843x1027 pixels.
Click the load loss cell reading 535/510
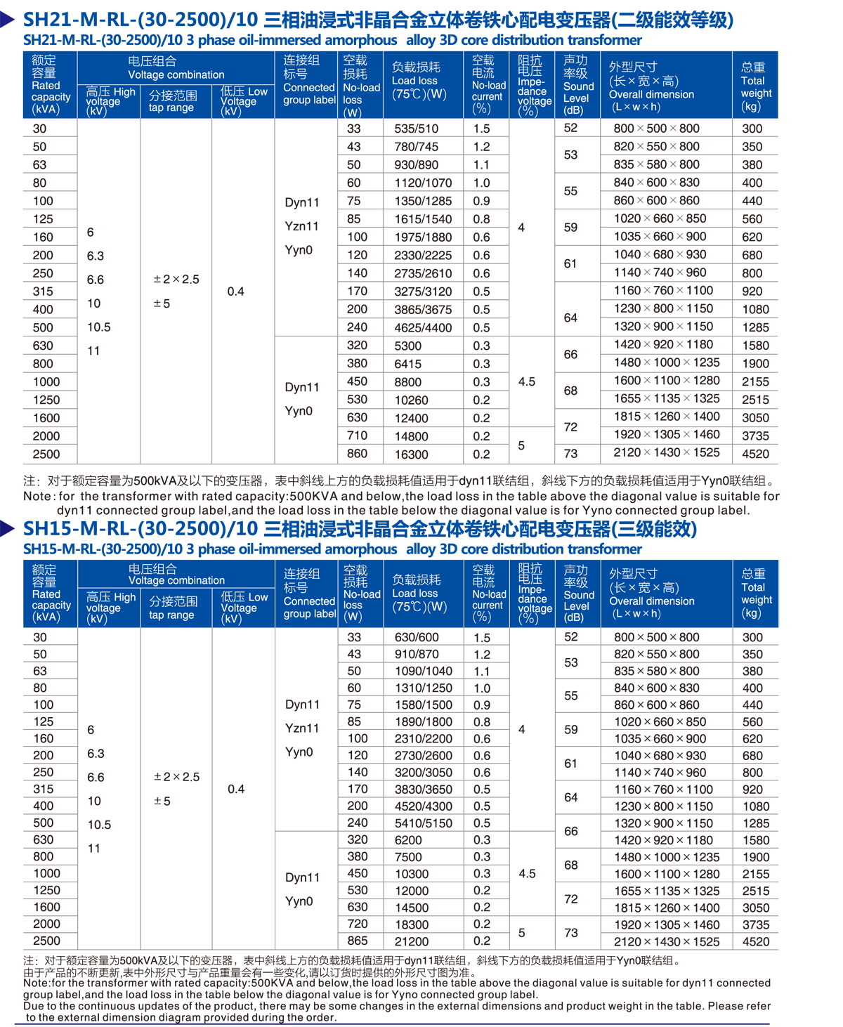(x=416, y=129)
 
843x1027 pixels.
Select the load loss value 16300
(x=411, y=454)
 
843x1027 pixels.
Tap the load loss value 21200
(x=411, y=941)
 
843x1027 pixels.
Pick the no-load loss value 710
(x=357, y=436)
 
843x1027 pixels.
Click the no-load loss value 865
(x=357, y=941)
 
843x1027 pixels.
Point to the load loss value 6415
(x=408, y=364)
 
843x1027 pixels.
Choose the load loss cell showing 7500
(x=408, y=857)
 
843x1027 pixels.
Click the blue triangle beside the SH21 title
(x=8, y=20)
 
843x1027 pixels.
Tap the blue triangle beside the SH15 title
(x=8, y=528)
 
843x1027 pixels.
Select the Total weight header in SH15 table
(x=755, y=593)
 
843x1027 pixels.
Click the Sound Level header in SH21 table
(x=577, y=85)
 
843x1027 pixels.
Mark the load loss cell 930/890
(x=416, y=165)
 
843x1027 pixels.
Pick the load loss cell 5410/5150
(x=423, y=823)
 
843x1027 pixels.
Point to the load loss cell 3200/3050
(x=423, y=773)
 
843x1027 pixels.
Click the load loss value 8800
(x=408, y=382)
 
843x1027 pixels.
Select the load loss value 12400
(x=411, y=419)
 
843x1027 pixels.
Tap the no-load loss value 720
(x=357, y=924)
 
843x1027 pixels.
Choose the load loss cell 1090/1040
(x=423, y=672)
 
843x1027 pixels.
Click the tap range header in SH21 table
(x=172, y=101)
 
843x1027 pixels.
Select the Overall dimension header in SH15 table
(x=651, y=593)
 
